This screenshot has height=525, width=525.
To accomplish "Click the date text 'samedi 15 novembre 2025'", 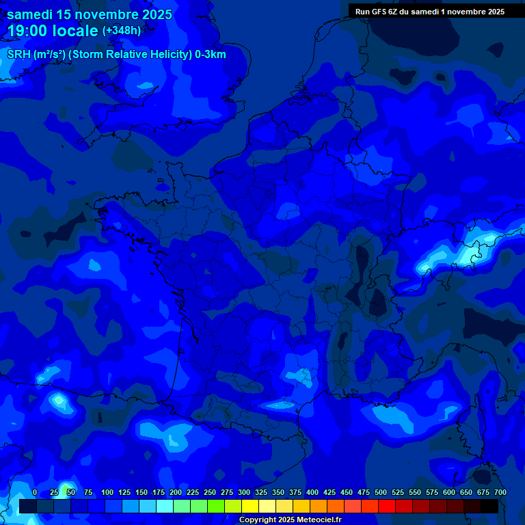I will pos(90,14).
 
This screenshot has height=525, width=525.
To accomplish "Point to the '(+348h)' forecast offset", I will pos(122,31).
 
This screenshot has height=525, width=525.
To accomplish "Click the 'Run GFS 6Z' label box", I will pos(430,12).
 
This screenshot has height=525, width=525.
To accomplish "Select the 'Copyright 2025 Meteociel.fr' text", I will pos(290,520).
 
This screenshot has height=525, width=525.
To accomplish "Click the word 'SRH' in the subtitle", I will pos(18,55).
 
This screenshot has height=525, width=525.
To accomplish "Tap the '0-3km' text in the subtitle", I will pos(210,55).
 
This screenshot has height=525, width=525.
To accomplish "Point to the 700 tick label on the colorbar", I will pos(500,493).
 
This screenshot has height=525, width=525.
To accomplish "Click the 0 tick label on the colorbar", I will pos(35,493).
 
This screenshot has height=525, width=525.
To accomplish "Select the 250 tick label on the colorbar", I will pos(210,493).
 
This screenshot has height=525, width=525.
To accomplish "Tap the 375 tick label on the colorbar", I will pos(295,493).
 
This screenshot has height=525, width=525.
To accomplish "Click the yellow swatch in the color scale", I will pos(250,506).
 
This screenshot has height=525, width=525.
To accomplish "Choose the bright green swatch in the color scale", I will pos(216,506).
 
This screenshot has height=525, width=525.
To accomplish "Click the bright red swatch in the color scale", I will pos(387,506).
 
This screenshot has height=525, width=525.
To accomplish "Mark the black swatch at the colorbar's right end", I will pos(489,506).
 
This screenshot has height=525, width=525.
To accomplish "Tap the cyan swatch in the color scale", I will pos(165,506).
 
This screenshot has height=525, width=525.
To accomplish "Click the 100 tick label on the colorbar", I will pos(107,493).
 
